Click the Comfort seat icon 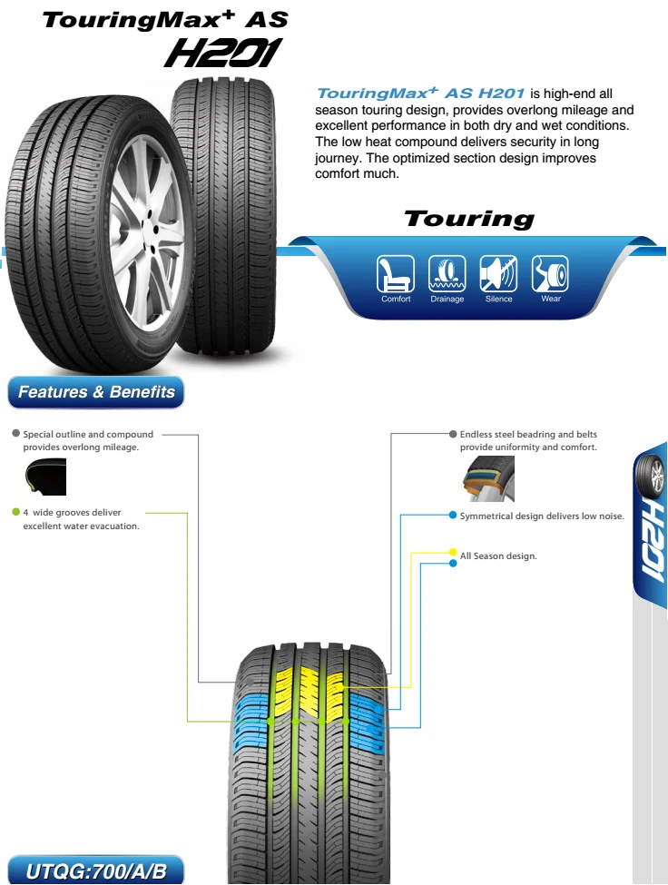click(396, 273)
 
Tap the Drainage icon click(447, 273)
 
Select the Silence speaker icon click(498, 273)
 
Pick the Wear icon click(550, 273)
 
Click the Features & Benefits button click(96, 392)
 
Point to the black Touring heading click(469, 219)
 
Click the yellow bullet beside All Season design click(453, 552)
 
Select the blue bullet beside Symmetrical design click(453, 516)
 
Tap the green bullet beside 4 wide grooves click(16, 512)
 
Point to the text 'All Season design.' click(498, 556)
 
